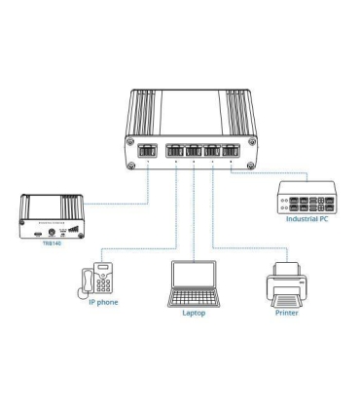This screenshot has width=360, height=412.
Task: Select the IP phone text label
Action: point(97,302)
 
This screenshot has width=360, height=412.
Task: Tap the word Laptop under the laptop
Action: point(195,313)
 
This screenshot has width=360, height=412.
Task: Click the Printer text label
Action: point(286,313)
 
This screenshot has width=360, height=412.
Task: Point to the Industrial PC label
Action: point(309,219)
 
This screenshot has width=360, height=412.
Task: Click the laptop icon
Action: point(194,284)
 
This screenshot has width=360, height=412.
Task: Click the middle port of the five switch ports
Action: point(193,152)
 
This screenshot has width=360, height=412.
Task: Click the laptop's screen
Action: point(194,278)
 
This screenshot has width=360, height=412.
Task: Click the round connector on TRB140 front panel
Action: point(52,234)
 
